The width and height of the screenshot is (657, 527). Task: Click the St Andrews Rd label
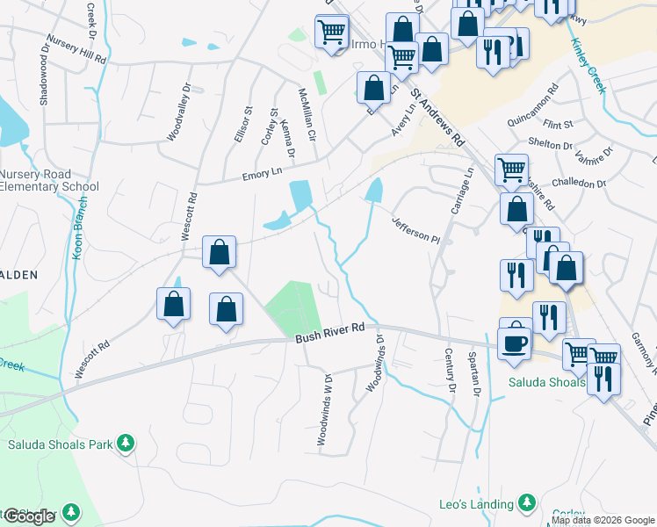440,121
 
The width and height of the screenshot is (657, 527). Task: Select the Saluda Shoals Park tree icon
126,442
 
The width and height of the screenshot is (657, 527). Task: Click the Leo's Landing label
476,504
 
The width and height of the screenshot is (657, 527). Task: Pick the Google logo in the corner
28,516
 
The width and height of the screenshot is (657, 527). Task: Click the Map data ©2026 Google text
603,520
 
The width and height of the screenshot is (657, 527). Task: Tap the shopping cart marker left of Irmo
332,32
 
